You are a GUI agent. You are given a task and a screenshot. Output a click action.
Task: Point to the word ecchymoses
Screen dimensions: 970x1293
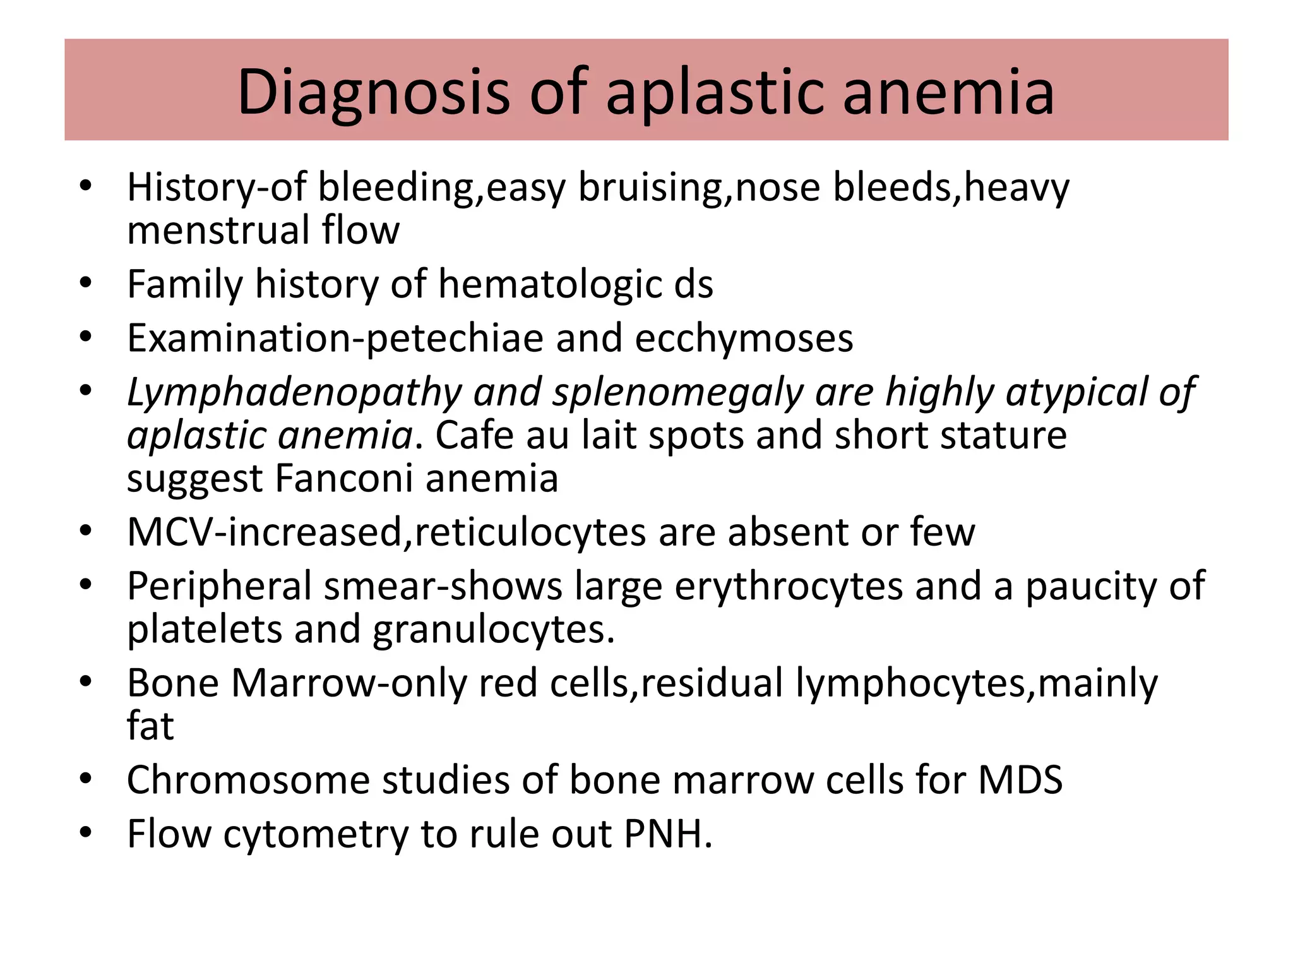pyautogui.click(x=744, y=338)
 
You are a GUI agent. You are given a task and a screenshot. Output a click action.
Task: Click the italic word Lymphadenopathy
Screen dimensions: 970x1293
pyautogui.click(x=294, y=393)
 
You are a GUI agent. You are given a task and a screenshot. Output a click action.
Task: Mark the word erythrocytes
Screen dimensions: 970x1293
pyautogui.click(x=789, y=587)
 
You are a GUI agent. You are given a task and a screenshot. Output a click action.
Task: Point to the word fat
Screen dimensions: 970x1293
pyautogui.click(x=150, y=726)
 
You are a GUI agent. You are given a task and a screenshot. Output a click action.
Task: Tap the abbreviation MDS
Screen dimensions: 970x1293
pyautogui.click(x=1020, y=780)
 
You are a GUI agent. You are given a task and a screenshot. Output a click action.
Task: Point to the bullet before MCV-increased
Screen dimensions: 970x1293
pyautogui.click(x=86, y=530)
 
